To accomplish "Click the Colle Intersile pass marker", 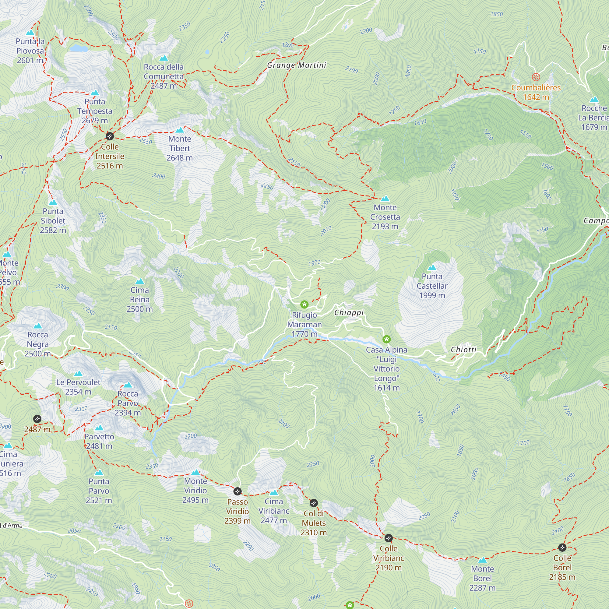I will pos(109,136).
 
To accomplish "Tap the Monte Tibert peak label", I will pos(180,148).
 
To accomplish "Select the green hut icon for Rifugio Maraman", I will pos(304,304).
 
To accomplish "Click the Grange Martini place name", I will pos(297,65).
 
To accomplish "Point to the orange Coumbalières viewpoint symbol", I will pos(536,77).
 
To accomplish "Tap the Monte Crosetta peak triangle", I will pos(385,199).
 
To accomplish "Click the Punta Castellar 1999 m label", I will pos(432,286).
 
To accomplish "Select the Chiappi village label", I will pos(349,313).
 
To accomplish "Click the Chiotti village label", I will pos(463,350).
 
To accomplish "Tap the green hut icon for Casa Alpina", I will pos(386,340).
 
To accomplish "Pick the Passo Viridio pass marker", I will pos(238,491).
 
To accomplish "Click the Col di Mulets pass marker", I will pos(314,503).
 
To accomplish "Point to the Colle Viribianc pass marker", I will pos(388,538).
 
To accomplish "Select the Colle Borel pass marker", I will pos(562,547).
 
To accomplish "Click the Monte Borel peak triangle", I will pos(482,560).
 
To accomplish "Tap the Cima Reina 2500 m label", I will pos(140,299).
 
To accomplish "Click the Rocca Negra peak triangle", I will pos(38,326).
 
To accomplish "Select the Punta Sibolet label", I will pos(53,221).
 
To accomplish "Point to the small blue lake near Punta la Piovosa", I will pos(79,48).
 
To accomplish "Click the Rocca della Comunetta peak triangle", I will pos(164,58).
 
